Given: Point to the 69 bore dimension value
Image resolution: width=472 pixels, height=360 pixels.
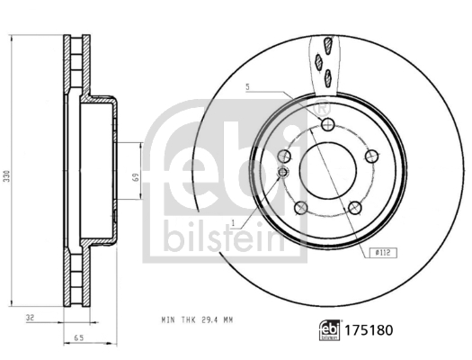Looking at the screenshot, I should (135, 176).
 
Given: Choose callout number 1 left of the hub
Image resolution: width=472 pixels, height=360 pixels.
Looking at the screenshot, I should (232, 221).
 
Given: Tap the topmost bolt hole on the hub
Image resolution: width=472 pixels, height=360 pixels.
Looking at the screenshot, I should (327, 124).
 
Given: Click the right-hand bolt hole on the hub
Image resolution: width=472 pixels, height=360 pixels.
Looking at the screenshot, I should (370, 156).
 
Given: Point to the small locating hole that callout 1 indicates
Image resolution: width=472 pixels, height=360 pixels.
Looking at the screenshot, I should (283, 172).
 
